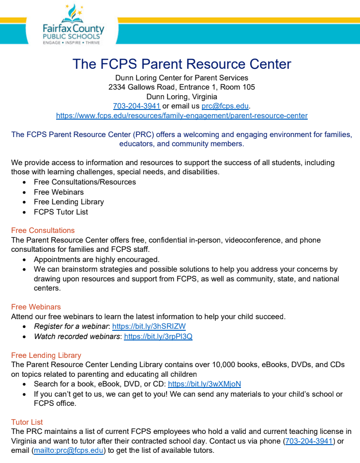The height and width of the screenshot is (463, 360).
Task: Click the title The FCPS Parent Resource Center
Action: click(181, 64)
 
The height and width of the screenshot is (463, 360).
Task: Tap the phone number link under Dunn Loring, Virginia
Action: click(136, 106)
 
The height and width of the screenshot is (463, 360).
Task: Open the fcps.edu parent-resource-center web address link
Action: click(181, 116)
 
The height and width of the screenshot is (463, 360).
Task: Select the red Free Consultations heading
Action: click(43, 230)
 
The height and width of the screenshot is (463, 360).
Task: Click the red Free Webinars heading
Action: click(36, 307)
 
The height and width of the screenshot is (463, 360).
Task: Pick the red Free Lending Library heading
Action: click(46, 355)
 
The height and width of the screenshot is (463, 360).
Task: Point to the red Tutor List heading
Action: click(27, 422)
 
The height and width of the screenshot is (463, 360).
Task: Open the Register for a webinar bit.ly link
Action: click(149, 326)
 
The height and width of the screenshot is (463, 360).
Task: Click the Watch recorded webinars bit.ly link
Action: click(158, 336)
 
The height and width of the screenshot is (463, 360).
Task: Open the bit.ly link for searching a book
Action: click(204, 384)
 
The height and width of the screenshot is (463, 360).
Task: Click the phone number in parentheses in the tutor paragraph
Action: click(309, 441)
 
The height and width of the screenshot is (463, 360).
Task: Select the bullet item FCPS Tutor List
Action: click(61, 212)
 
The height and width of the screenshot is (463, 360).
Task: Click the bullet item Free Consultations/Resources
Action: click(85, 182)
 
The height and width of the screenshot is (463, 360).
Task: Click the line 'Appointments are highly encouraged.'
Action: click(96, 259)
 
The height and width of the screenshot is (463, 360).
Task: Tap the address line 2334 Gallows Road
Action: click(181, 87)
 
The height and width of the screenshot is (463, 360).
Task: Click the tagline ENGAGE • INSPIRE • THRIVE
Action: click(72, 43)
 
